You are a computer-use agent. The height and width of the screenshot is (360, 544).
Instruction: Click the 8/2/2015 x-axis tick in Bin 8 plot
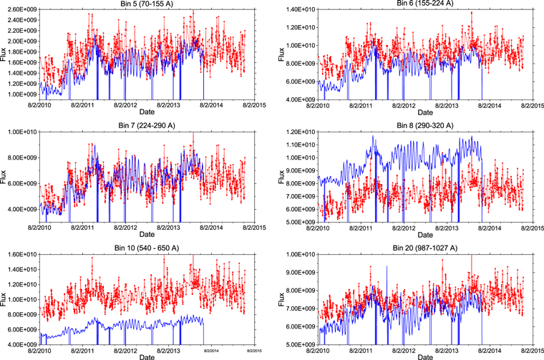(525, 228)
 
